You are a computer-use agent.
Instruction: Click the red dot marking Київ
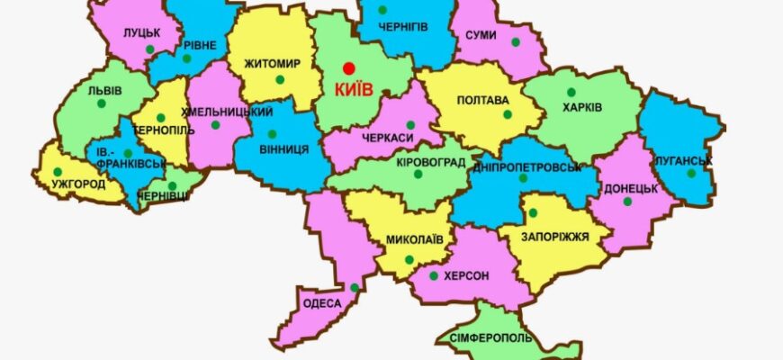click(x=348, y=68)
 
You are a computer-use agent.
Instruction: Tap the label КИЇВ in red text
click(x=354, y=89)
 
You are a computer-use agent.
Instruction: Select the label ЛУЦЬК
click(x=142, y=32)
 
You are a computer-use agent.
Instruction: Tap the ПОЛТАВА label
click(x=483, y=100)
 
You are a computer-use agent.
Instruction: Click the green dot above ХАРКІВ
click(x=571, y=92)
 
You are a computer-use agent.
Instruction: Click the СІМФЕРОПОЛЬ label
click(x=486, y=339)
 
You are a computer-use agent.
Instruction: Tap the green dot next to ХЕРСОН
click(x=434, y=276)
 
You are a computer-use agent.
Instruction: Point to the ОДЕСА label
click(x=323, y=303)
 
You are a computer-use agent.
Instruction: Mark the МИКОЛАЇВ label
click(x=414, y=240)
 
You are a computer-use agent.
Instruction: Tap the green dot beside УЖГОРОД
click(x=58, y=171)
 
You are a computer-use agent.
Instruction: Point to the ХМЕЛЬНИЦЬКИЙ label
click(x=227, y=112)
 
